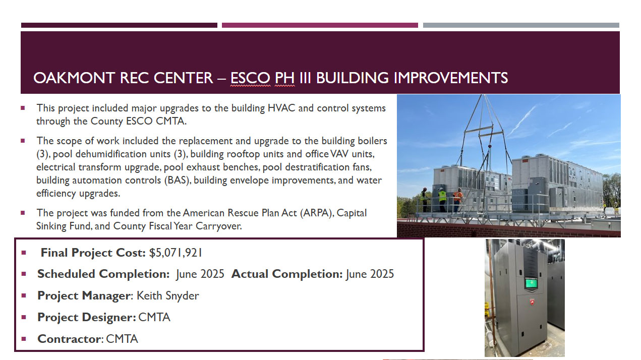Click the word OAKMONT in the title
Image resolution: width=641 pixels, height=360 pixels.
tap(74, 78)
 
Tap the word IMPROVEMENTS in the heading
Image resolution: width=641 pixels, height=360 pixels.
tap(451, 78)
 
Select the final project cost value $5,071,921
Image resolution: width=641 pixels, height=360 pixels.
tap(176, 253)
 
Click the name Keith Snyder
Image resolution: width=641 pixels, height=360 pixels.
tap(168, 295)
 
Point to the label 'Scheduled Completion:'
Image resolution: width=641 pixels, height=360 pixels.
tap(103, 274)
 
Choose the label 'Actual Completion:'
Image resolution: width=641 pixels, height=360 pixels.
tap(287, 274)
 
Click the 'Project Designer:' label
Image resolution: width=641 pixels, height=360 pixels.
tap(87, 317)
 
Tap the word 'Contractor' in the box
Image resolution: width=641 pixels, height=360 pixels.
tap(69, 339)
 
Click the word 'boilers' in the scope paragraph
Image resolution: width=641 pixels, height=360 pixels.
tap(372, 141)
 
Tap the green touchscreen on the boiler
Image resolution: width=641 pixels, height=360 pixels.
tap(531, 284)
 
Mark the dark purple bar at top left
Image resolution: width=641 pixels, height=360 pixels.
tap(119, 25)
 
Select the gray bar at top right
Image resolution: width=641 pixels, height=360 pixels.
tap(521, 25)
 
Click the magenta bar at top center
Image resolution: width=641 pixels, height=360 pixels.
tap(320, 25)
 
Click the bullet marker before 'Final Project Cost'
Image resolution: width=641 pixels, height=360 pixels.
tap(24, 253)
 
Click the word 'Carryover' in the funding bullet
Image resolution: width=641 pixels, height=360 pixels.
tap(219, 226)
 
